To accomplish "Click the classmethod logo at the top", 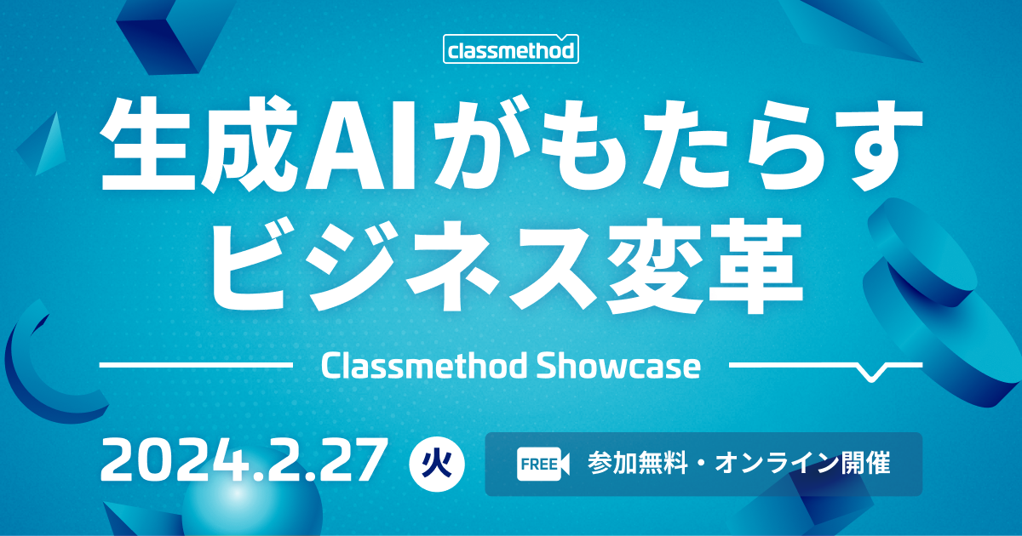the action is tap(511, 48).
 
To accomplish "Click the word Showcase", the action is tap(618, 366).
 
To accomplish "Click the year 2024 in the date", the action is tap(175, 460).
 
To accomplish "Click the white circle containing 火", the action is tap(437, 464).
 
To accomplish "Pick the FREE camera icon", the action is tap(543, 464).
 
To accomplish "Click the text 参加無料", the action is tap(637, 464).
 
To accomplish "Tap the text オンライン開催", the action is tap(802, 464).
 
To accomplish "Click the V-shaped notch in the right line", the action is tap(871, 373).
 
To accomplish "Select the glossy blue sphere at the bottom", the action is tap(252, 506).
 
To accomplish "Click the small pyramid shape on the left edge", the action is tap(43, 145).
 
